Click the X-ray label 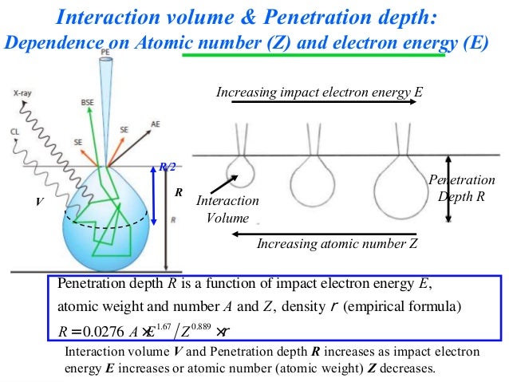tap(22, 93)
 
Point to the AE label tap(155, 124)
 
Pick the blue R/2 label tap(167, 167)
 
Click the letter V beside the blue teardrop tap(37, 203)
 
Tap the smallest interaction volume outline tap(237, 171)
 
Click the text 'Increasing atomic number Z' tap(337, 244)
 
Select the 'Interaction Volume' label tap(227, 209)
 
